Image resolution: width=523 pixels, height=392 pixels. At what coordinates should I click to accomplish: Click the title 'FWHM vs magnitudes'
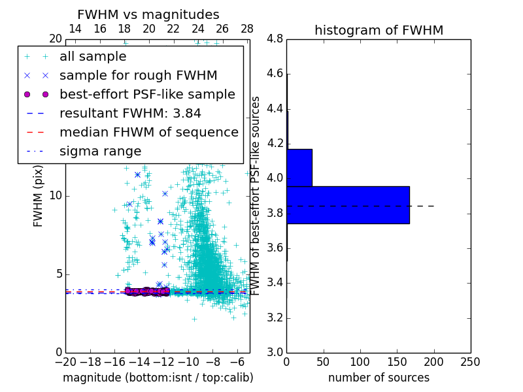tap(148, 15)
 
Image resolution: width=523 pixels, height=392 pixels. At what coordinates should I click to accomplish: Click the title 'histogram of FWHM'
tap(379, 30)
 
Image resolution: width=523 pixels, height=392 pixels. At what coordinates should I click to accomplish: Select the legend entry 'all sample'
tap(93, 57)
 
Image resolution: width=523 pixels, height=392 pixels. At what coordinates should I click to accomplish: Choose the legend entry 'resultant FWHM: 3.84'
tap(130, 113)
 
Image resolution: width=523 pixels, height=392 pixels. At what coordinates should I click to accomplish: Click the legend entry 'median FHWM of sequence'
tap(148, 132)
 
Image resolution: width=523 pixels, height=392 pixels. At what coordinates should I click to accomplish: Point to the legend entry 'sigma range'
tap(100, 151)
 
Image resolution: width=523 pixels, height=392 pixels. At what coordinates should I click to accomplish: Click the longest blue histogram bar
tap(348, 205)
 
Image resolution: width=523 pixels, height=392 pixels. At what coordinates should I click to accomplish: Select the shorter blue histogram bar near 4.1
tap(299, 168)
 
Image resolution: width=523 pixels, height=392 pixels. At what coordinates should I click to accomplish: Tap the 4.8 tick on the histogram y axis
tap(275, 39)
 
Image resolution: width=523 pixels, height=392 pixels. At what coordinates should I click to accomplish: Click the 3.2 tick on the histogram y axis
tap(275, 318)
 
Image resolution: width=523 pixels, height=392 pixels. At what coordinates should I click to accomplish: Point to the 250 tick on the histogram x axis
tap(470, 361)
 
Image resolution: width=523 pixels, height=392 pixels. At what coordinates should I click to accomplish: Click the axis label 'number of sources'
tap(379, 378)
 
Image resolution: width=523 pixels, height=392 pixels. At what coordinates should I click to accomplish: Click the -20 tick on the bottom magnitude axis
tap(65, 361)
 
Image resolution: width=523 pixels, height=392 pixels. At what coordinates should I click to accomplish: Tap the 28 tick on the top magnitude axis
tap(246, 29)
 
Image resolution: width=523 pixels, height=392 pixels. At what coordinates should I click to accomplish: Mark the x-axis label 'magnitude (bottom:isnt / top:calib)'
tap(158, 378)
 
